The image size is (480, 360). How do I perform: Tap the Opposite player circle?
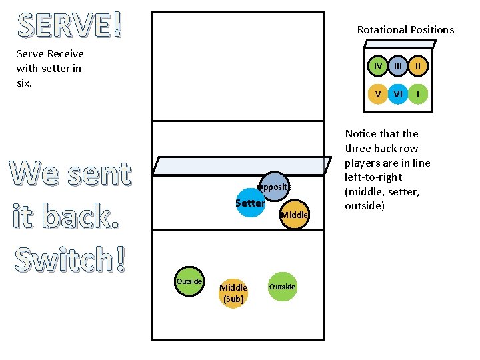pos(274,187)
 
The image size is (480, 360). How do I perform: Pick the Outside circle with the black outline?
pos(189,281)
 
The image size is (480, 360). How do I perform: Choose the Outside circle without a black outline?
pos(282,287)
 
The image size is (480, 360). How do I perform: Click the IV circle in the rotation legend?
pos(378,67)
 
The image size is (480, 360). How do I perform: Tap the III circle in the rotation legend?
pos(398,67)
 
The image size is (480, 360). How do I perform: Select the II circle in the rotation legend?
pos(418,67)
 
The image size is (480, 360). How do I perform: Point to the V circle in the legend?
pos(378,94)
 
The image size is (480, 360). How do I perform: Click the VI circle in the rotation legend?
pos(398,94)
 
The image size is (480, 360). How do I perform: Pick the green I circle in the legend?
pos(418,94)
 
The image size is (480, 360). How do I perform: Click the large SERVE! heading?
pos(70,25)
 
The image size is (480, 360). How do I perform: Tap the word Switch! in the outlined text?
pos(70,259)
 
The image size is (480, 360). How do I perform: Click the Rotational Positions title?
pos(405,29)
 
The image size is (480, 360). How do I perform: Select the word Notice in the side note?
pos(363,133)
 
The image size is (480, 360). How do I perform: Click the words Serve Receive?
pos(50,53)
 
